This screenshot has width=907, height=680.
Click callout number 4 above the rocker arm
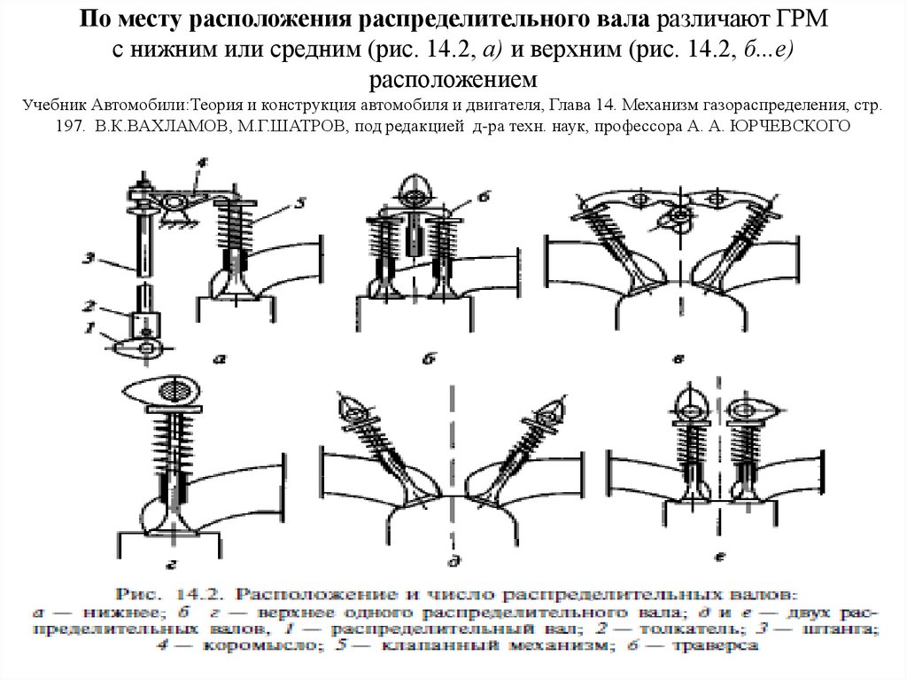pos(202,162)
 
